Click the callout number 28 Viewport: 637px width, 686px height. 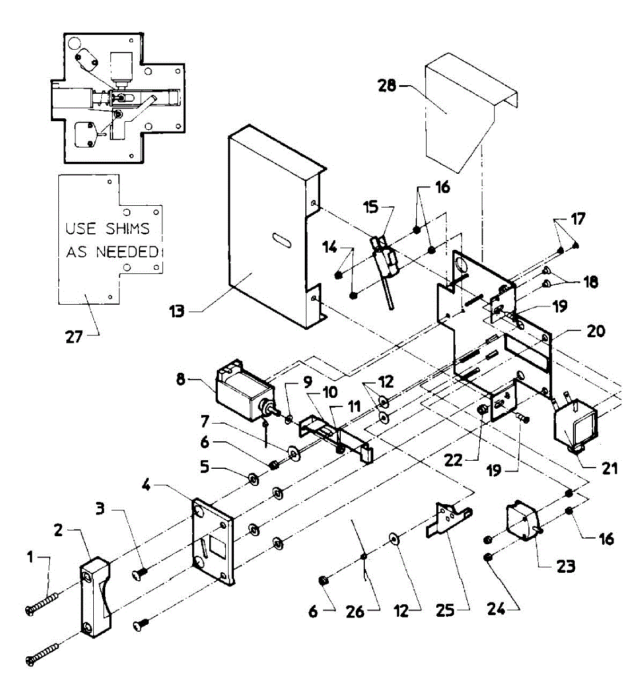pyautogui.click(x=387, y=86)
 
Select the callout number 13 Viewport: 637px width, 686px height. pyautogui.click(x=177, y=312)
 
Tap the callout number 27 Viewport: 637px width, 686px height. pyautogui.click(x=75, y=337)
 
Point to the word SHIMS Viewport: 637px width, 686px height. pyautogui.click(x=128, y=229)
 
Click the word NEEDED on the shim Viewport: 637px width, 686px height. pyautogui.click(x=127, y=252)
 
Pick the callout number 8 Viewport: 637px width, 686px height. pyautogui.click(x=181, y=380)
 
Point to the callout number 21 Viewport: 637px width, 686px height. pyautogui.click(x=610, y=468)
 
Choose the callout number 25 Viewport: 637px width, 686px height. pyautogui.click(x=445, y=611)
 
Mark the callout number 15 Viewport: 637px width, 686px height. pyautogui.click(x=372, y=206)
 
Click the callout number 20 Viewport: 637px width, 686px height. pyautogui.click(x=595, y=331)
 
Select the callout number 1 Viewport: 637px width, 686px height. pyautogui.click(x=31, y=555)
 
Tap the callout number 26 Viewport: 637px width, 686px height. pyautogui.click(x=355, y=612)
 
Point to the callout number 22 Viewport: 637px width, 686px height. pyautogui.click(x=453, y=460)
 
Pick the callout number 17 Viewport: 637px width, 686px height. pyautogui.click(x=578, y=219)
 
